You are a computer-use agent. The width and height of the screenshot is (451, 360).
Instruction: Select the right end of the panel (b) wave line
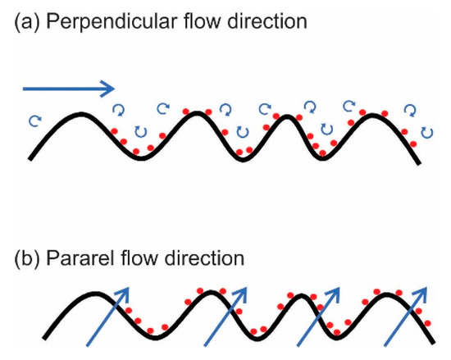pyautogui.click(x=433, y=345)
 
